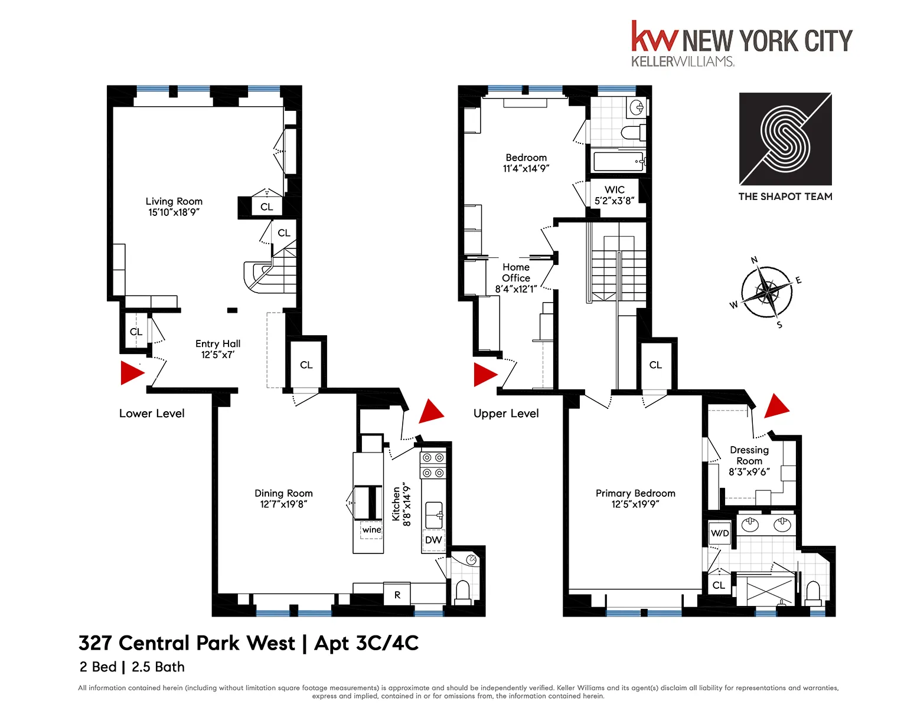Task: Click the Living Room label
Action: click(x=174, y=202)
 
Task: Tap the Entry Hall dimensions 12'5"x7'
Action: click(x=218, y=355)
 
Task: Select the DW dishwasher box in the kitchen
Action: click(x=433, y=540)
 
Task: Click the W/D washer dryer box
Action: click(x=720, y=533)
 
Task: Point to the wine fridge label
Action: click(x=371, y=530)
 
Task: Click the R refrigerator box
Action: click(x=397, y=595)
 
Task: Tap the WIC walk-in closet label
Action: click(x=615, y=190)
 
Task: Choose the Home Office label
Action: click(x=516, y=273)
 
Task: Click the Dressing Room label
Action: click(x=749, y=455)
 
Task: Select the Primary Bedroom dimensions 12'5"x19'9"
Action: click(x=635, y=504)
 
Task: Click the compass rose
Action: click(x=766, y=291)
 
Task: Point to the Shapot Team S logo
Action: click(x=785, y=139)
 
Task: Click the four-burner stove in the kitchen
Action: click(x=433, y=465)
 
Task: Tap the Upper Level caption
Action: click(x=506, y=414)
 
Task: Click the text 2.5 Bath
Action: click(x=158, y=667)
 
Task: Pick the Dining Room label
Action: click(x=283, y=493)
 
